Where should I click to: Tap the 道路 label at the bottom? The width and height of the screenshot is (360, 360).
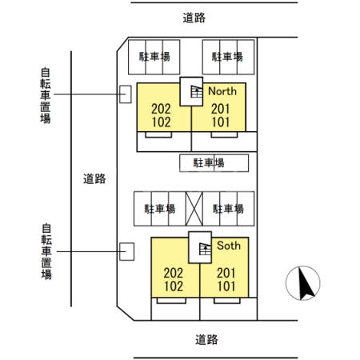pyautogui.click(x=206, y=339)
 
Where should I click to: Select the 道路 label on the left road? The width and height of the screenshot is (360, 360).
pyautogui.click(x=94, y=179)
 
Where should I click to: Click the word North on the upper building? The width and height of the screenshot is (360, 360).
pyautogui.click(x=223, y=92)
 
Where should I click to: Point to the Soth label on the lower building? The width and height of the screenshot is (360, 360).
pyautogui.click(x=228, y=246)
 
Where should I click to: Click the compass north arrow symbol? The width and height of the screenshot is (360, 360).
pyautogui.click(x=304, y=283)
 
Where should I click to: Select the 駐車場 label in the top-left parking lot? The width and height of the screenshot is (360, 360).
pyautogui.click(x=154, y=57)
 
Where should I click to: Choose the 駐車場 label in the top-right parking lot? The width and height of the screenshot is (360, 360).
pyautogui.click(x=228, y=57)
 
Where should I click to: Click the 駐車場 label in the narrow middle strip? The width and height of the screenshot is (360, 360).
pyautogui.click(x=208, y=162)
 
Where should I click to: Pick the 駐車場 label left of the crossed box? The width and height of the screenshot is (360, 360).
pyautogui.click(x=159, y=209)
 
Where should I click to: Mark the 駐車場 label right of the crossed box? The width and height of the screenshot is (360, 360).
pyautogui.click(x=229, y=209)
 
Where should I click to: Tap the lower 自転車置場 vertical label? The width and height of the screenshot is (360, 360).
pyautogui.click(x=46, y=251)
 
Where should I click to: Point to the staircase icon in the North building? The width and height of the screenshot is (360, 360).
pyautogui.click(x=193, y=94)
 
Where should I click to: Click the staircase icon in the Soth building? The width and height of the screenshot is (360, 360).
pyautogui.click(x=205, y=249)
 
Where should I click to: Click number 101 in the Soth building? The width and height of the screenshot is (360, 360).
pyautogui.click(x=226, y=286)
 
